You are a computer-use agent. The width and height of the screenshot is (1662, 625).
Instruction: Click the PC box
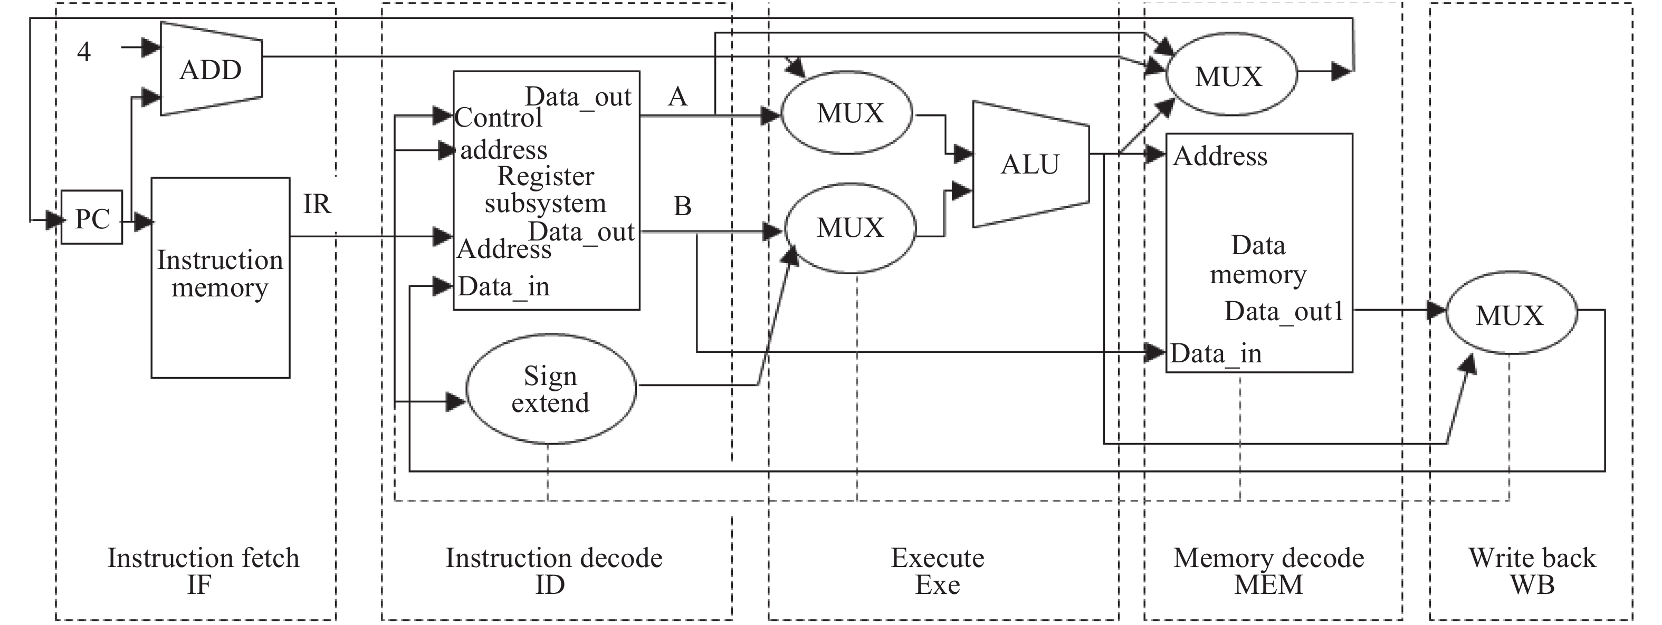point(92,218)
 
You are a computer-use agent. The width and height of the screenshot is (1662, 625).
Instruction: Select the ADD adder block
point(211,70)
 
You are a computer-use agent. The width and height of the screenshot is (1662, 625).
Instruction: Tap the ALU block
point(1030,165)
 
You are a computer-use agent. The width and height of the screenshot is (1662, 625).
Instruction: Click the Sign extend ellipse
point(550,389)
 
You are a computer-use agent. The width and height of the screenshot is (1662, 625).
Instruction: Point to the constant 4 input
point(84,52)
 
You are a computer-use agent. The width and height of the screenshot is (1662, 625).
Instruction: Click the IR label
point(317,205)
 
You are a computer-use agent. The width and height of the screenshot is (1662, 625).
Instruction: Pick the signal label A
point(677,97)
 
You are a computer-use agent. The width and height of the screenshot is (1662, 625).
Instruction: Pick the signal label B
point(682,206)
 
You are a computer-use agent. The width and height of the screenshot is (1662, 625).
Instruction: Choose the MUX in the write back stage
point(1510,315)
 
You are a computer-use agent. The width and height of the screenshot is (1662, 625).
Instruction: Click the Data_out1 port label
point(1283,312)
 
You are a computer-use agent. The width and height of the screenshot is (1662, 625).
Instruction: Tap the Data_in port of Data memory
point(1216,353)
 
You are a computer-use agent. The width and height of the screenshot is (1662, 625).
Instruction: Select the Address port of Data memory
point(1219,156)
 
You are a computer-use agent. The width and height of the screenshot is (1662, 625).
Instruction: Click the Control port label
point(498,118)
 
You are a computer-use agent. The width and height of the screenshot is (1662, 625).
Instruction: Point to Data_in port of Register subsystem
point(503,286)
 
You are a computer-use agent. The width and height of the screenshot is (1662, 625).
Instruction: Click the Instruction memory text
point(220,274)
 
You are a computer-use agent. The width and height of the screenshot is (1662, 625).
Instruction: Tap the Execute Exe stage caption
point(938,571)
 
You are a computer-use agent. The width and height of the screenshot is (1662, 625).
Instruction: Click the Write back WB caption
point(1532,571)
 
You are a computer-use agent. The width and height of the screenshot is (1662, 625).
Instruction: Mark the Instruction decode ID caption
point(553,571)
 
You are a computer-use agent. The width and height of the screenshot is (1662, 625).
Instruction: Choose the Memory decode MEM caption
point(1268,571)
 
